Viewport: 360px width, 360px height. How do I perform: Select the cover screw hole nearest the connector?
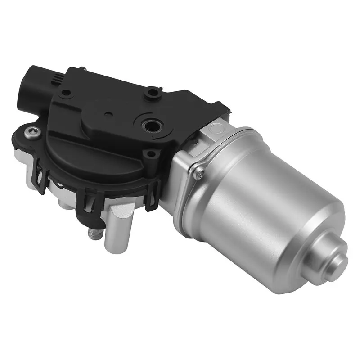coord(67,93)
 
